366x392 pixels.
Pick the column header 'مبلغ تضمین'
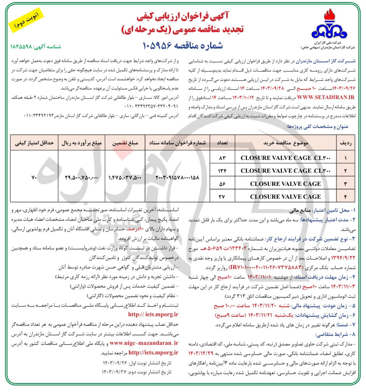click(125, 143)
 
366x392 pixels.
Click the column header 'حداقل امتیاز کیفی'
click(34, 143)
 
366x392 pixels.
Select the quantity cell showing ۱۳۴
click(222, 171)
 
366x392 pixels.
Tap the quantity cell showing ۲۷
click(222, 197)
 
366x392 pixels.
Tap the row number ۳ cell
click(345, 184)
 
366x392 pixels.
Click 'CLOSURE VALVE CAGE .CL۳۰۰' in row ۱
click(285, 158)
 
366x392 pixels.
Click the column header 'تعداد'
click(222, 143)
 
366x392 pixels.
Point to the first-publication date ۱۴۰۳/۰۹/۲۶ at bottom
click(115, 363)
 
